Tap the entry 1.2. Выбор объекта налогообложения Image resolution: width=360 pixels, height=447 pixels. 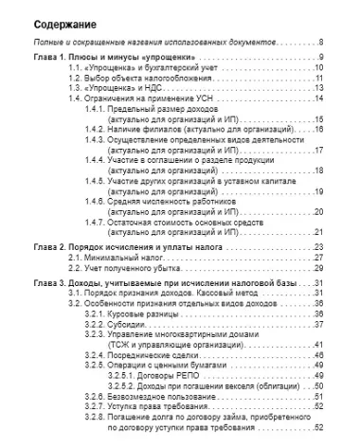coord(134,79)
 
